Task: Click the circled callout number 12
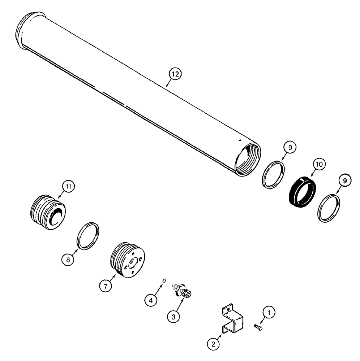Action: click(x=175, y=74)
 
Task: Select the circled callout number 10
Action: click(x=319, y=165)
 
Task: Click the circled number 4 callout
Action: click(x=151, y=299)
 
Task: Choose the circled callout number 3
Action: click(x=173, y=317)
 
